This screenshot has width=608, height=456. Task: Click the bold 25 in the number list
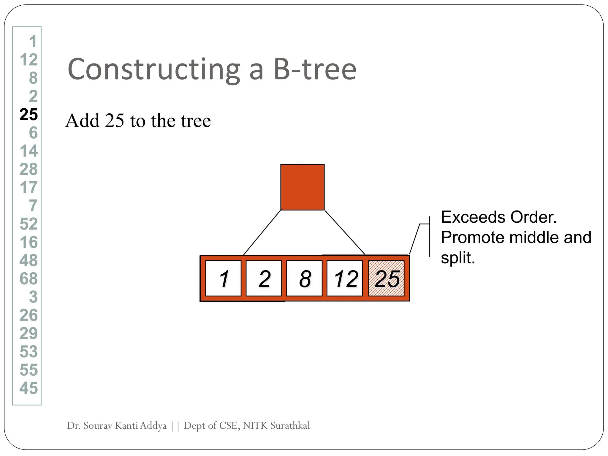pos(29,114)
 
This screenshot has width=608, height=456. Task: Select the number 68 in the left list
pos(29,279)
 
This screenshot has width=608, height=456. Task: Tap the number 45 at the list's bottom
pos(29,388)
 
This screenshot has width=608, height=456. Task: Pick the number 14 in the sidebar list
pos(29,151)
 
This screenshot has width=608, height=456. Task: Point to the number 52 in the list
pos(29,224)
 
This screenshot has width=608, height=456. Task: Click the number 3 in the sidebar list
pos(33,297)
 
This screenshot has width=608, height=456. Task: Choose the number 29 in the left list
pos(29,333)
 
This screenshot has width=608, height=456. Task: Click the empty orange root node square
pos(302,187)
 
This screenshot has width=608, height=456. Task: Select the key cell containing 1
pos(223,278)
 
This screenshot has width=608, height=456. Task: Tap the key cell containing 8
pos(304,278)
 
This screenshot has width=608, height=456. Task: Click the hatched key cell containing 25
pos(386,278)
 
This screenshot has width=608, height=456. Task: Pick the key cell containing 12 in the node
pos(345,278)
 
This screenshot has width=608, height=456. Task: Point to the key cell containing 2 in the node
pos(264,278)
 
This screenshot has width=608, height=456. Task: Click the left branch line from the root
pos(262,233)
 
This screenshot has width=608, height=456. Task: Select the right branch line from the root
pos(345,233)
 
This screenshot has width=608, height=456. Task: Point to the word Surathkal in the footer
pos(290,425)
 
